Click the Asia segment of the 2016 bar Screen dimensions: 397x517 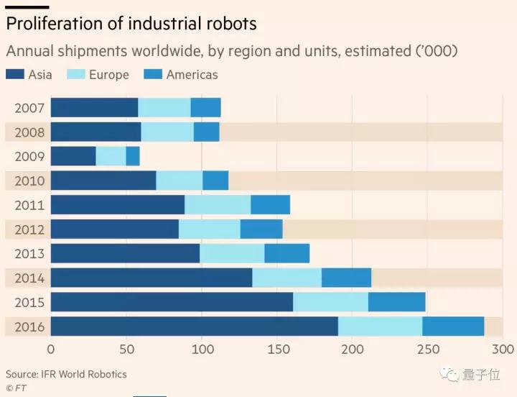point(194,326)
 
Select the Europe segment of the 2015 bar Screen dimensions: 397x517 point(330,302)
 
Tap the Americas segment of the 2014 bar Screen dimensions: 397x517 point(346,278)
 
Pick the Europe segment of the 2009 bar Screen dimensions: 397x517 point(111,156)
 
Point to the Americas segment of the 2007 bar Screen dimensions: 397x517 point(205,108)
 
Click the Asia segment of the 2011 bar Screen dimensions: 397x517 point(117,205)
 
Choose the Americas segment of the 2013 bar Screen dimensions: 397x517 point(287,253)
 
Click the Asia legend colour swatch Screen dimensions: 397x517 point(14,74)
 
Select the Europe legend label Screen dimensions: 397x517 point(108,74)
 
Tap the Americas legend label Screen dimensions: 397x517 point(191,74)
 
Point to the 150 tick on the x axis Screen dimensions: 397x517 point(277,350)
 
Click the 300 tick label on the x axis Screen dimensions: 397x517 point(503,350)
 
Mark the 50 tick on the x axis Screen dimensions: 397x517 point(126,350)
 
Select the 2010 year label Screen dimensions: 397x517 point(29,181)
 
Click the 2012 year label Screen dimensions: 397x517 point(29,229)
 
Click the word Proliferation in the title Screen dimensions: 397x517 point(55,23)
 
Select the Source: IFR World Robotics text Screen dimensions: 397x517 point(66,374)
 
